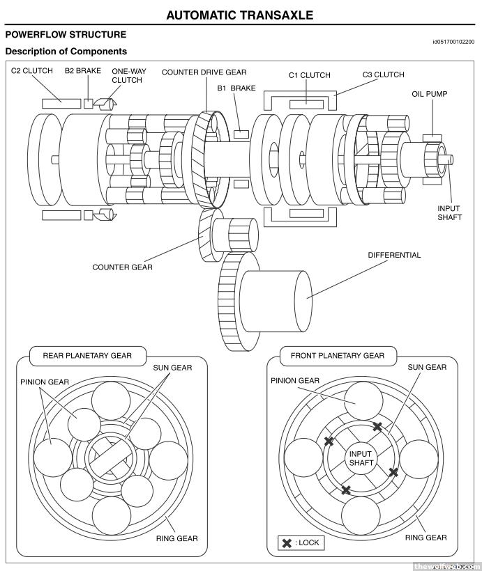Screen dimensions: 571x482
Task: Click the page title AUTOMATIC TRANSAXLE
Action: pyautogui.click(x=240, y=15)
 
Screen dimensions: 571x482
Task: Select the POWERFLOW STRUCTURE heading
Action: pyautogui.click(x=66, y=35)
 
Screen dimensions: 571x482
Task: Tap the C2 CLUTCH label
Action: pyautogui.click(x=31, y=71)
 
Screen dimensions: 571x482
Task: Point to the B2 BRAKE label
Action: pyautogui.click(x=83, y=71)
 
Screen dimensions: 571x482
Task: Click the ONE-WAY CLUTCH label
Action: pyautogui.click(x=127, y=75)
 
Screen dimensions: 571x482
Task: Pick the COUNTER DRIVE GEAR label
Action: pyautogui.click(x=204, y=72)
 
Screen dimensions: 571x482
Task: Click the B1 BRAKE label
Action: pyautogui.click(x=236, y=88)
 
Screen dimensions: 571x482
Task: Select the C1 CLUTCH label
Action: pyautogui.click(x=310, y=75)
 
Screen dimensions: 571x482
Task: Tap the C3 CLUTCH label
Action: pyautogui.click(x=383, y=75)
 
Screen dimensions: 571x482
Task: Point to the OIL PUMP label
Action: pyautogui.click(x=429, y=94)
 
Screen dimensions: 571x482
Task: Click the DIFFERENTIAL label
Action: pyautogui.click(x=394, y=255)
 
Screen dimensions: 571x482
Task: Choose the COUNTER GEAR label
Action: pyautogui.click(x=122, y=267)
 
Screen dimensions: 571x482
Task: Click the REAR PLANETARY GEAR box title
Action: pyautogui.click(x=87, y=355)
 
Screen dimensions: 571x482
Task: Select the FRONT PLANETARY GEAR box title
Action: pyautogui.click(x=337, y=355)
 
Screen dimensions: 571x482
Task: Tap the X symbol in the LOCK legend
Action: pyautogui.click(x=286, y=543)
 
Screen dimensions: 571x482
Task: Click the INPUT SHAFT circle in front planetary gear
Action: pyautogui.click(x=361, y=458)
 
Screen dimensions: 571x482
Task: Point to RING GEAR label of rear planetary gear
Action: pyautogui.click(x=175, y=538)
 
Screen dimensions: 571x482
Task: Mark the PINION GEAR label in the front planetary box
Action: pyautogui.click(x=295, y=380)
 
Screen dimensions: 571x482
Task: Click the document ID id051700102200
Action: pyautogui.click(x=453, y=42)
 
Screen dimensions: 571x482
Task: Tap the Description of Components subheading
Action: pyautogui.click(x=66, y=52)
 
